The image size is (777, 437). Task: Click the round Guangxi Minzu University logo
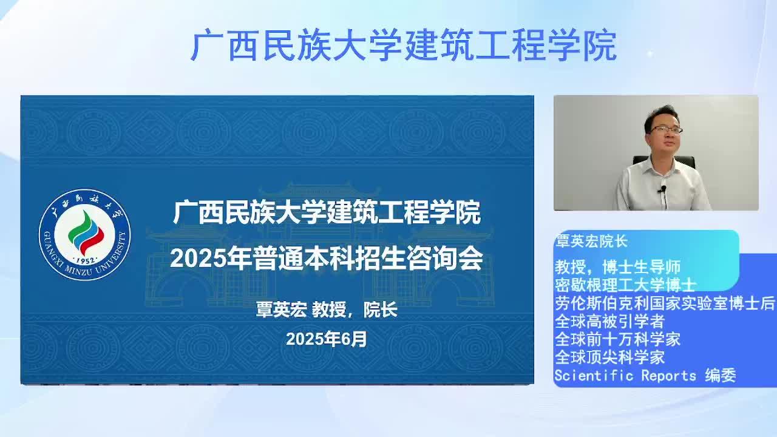84,235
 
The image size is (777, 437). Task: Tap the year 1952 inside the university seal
85,261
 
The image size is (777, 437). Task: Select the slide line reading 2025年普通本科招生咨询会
327,259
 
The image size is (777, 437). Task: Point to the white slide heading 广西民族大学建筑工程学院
327,212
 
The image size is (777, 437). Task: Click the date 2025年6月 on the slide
327,339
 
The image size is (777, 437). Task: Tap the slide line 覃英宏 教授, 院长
327,310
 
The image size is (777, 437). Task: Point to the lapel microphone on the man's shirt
663,189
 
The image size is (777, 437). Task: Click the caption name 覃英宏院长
591,242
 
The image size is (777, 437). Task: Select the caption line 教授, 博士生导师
617,267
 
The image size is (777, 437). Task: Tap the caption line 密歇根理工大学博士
625,285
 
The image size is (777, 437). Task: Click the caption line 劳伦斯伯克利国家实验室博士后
665,303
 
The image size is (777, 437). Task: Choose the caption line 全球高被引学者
609,321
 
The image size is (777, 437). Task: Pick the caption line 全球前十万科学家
617,339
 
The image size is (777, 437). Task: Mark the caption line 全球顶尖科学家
609,357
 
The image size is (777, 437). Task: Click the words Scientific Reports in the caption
625,376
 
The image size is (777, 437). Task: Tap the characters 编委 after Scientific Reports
721,375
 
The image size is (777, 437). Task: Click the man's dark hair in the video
661,116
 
